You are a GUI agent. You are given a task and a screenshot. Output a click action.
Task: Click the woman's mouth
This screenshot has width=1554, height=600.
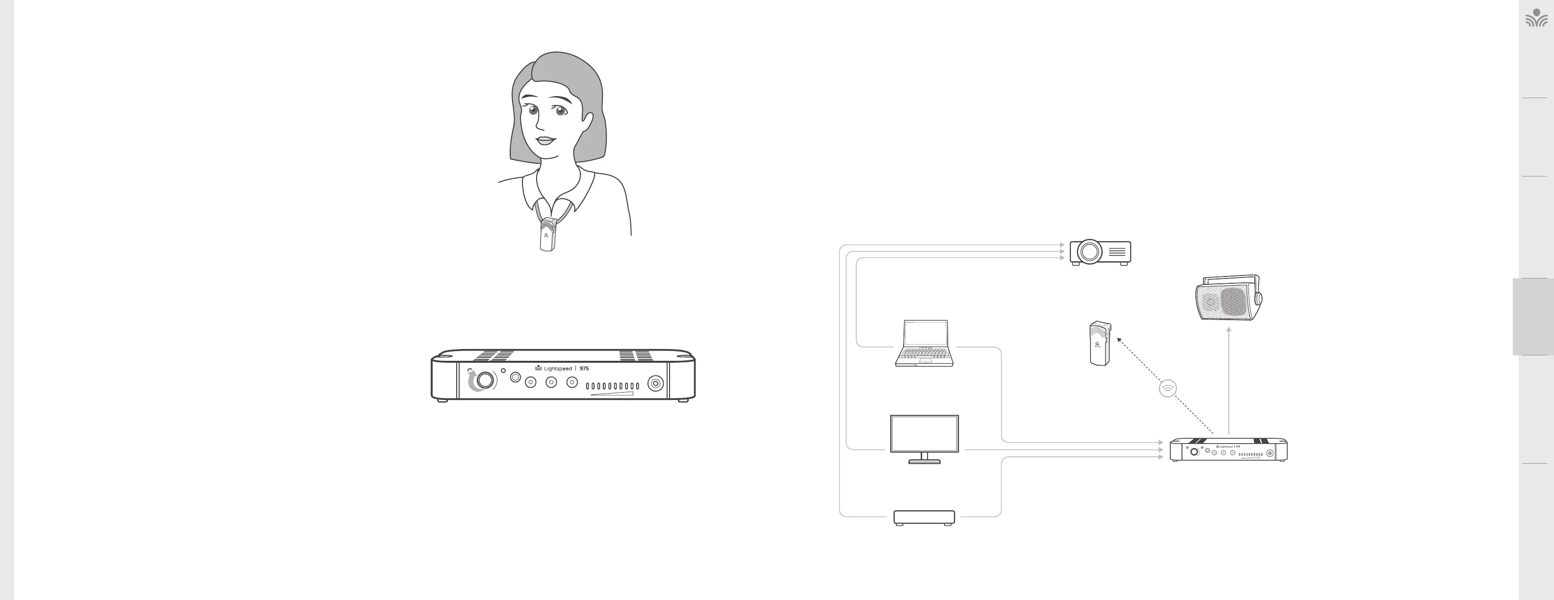coord(545,141)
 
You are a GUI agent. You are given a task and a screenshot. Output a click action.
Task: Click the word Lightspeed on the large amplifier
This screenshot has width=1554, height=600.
coord(557,369)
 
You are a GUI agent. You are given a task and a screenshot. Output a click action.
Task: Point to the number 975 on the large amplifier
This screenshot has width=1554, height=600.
coord(584,369)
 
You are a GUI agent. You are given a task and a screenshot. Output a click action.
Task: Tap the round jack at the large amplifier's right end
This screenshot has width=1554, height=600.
coord(655,383)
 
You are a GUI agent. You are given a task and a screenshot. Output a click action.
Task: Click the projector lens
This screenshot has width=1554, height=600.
coord(1089,251)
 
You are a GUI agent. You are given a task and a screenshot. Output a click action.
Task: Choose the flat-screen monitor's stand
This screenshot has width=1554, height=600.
coord(924,458)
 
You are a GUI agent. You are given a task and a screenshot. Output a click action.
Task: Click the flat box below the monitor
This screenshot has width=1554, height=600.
coord(924,517)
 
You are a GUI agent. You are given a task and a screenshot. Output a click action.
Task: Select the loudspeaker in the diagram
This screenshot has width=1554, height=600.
coord(1228,299)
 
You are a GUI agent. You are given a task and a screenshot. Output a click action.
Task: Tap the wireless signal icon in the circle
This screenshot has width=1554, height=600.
coord(1168,388)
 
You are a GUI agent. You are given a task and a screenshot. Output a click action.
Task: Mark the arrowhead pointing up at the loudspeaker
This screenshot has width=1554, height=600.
coord(1229,329)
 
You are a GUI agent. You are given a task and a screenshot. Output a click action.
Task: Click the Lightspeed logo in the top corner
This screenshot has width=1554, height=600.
coord(1536,19)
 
